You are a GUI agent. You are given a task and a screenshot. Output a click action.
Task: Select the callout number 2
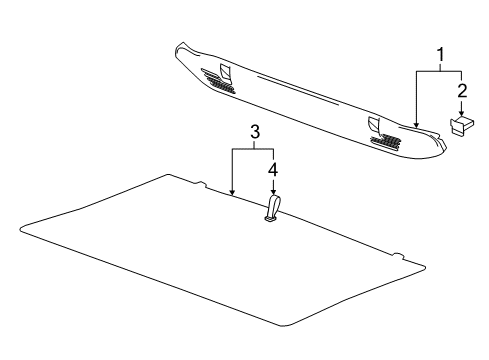pyautogui.click(x=461, y=92)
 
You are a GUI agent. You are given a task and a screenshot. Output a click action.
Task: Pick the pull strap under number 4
pyautogui.click(x=273, y=208)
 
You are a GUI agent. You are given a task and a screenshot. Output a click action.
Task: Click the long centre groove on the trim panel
pyautogui.click(x=300, y=92)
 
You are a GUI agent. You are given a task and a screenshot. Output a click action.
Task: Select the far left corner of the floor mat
pyautogui.click(x=21, y=232)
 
